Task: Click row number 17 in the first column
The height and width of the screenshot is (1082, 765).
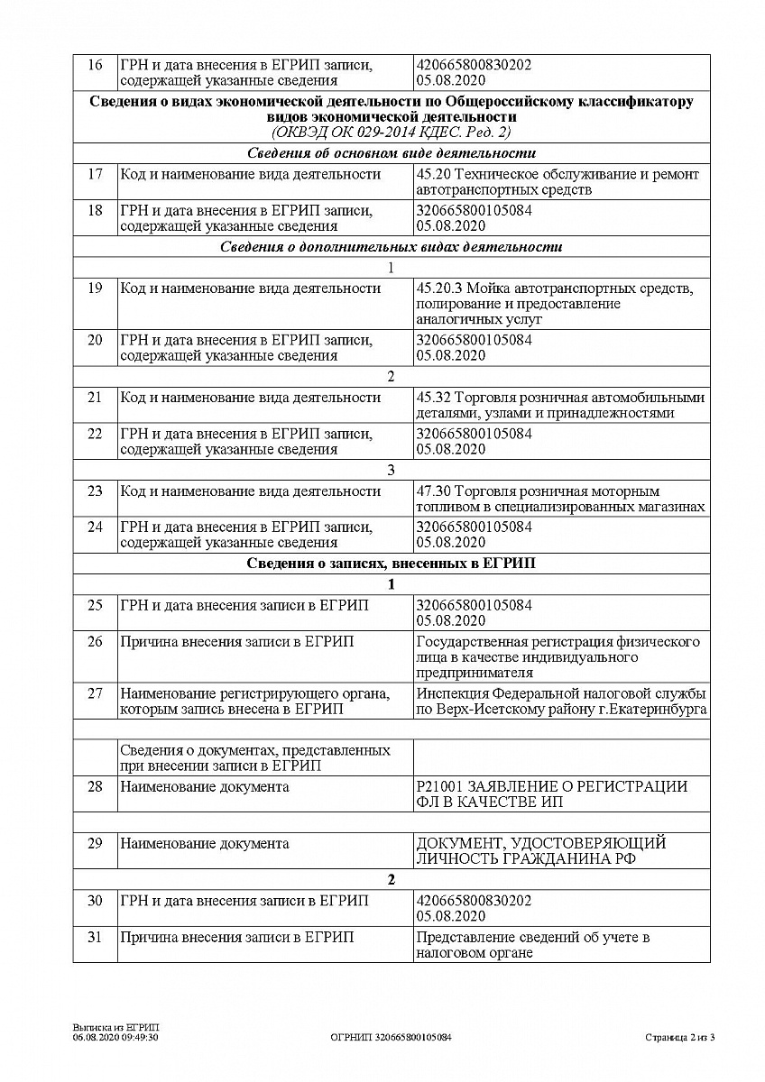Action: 95,174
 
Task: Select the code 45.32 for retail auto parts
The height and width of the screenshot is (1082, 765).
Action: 434,398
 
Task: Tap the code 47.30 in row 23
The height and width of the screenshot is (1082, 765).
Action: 434,491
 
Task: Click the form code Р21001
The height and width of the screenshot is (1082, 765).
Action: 438,787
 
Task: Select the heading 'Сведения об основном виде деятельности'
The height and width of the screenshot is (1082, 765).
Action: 391,152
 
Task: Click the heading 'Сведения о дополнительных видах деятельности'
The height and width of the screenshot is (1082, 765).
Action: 391,246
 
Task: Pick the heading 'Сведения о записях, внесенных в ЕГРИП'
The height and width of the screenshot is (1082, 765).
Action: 391,564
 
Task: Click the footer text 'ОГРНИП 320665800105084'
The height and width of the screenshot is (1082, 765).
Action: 392,1038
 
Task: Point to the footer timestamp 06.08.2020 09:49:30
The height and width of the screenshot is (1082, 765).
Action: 116,1038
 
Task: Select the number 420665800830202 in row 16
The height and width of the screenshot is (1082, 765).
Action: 474,65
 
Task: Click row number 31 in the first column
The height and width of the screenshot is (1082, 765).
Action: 95,938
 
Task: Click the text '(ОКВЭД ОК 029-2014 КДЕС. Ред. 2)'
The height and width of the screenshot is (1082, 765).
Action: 391,132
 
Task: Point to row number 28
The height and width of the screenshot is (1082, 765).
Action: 95,787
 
